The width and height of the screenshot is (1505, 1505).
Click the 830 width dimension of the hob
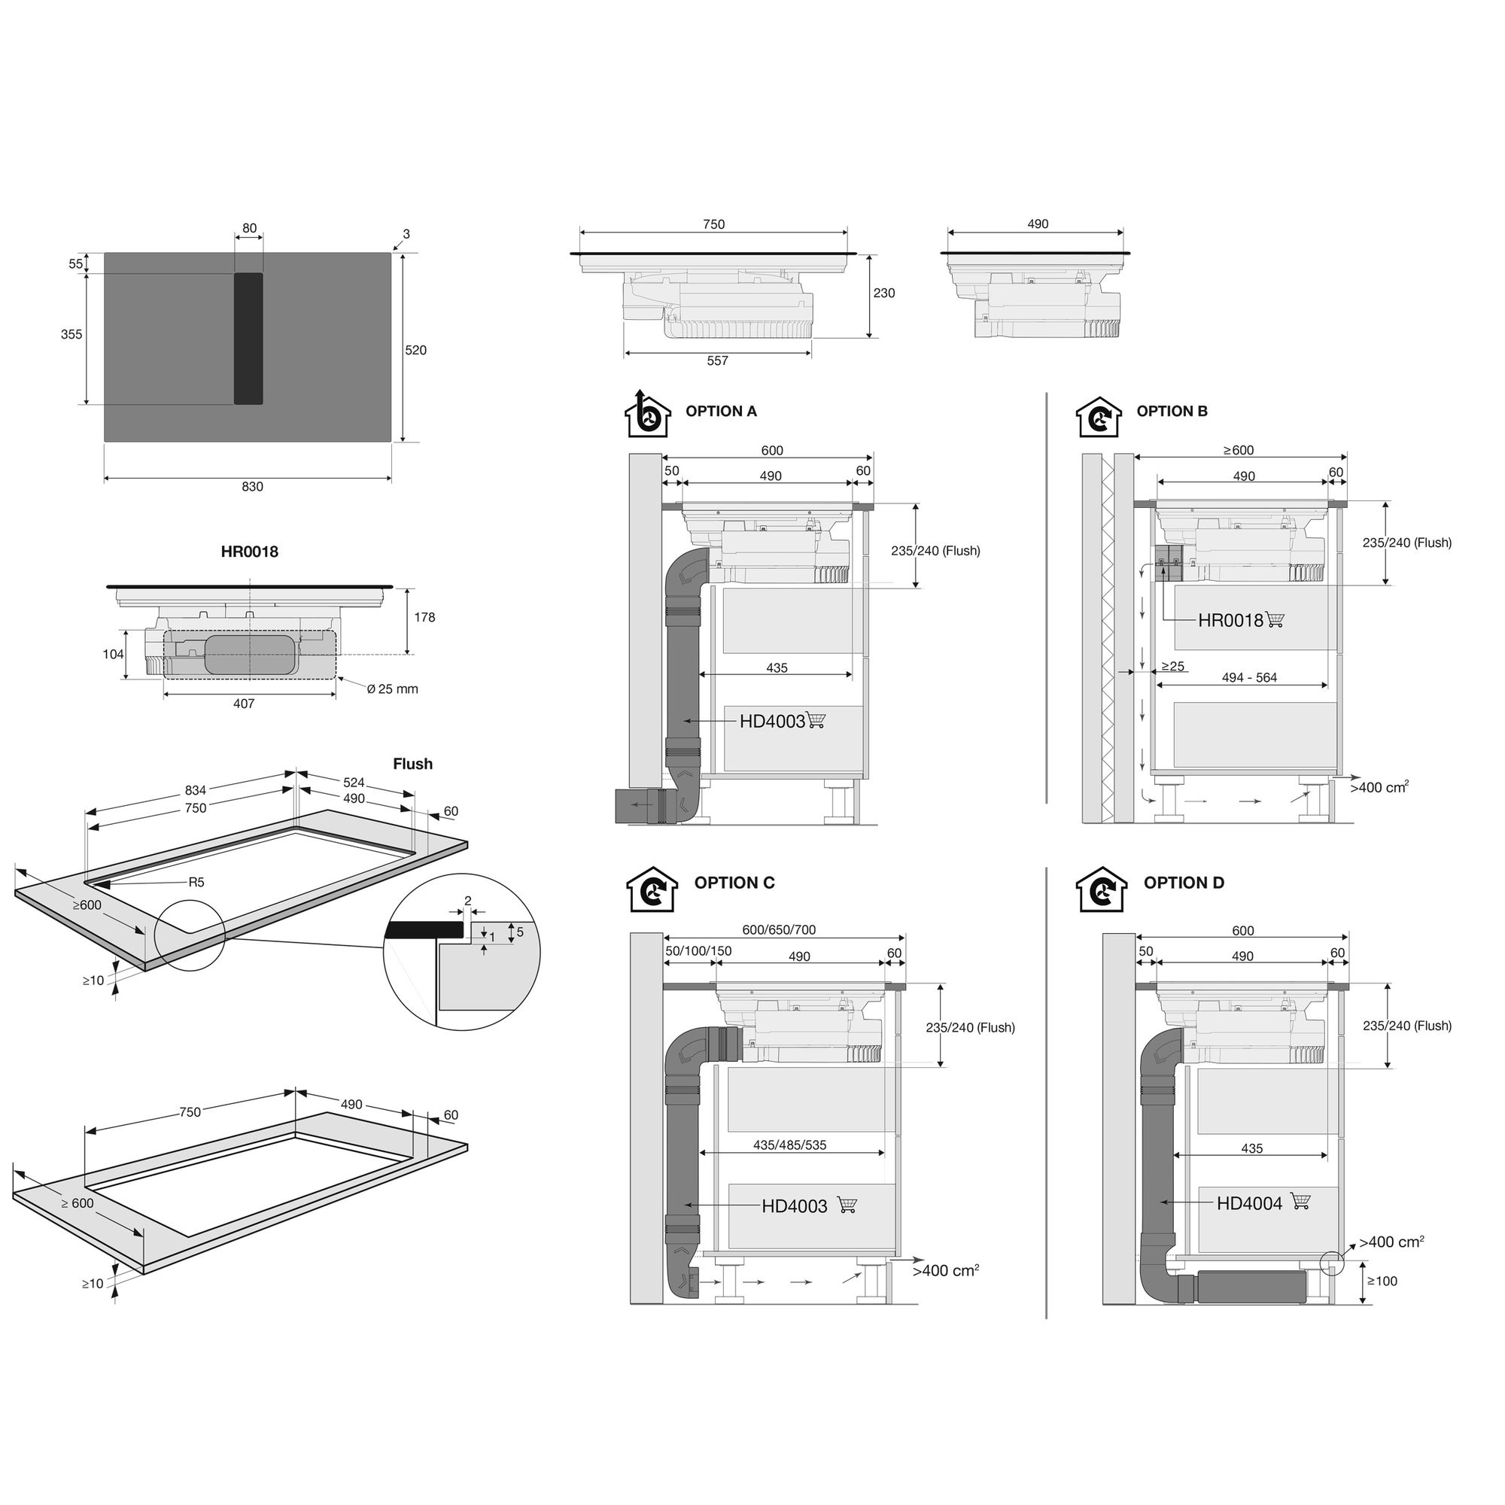pyautogui.click(x=252, y=487)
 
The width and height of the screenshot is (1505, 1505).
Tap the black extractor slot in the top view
pyautogui.click(x=248, y=339)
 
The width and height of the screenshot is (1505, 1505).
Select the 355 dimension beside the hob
pyautogui.click(x=71, y=334)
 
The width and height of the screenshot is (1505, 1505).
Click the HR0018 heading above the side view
pyautogui.click(x=249, y=552)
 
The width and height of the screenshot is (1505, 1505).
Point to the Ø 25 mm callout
pyautogui.click(x=393, y=689)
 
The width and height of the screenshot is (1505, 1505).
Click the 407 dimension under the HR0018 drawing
pyautogui.click(x=244, y=704)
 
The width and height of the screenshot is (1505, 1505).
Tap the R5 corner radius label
pyautogui.click(x=196, y=883)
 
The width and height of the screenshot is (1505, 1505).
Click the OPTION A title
pyautogui.click(x=722, y=412)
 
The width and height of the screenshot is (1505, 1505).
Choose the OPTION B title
pyautogui.click(x=1172, y=412)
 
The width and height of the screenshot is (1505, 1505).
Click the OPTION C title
pyautogui.click(x=734, y=883)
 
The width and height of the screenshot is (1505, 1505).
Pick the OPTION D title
pyautogui.click(x=1184, y=883)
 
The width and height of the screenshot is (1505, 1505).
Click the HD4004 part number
pyautogui.click(x=1249, y=1203)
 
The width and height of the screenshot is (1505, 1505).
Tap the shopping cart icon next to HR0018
pyautogui.click(x=1275, y=620)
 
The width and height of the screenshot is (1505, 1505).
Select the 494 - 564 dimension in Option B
pyautogui.click(x=1249, y=678)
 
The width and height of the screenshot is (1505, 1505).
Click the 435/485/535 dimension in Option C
pyautogui.click(x=790, y=1145)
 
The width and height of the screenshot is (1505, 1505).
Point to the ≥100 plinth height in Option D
pyautogui.click(x=1382, y=1281)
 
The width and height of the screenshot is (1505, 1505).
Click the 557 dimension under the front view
pyautogui.click(x=717, y=360)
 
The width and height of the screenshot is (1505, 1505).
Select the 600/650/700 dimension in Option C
pyautogui.click(x=779, y=930)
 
